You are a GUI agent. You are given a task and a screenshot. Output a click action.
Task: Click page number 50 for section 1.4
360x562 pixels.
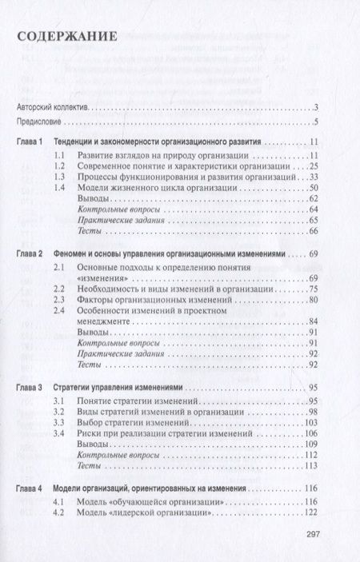coord(314,187)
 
